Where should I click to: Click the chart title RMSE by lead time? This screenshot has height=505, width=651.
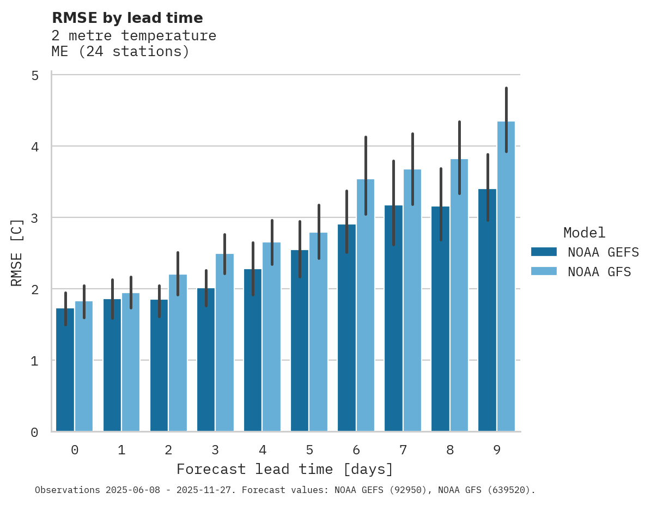pos(127,18)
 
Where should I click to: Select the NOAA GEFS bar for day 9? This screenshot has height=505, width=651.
pos(487,311)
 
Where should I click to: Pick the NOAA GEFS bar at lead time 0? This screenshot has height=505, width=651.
pos(65,370)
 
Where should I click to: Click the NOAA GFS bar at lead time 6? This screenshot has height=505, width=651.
pos(366,305)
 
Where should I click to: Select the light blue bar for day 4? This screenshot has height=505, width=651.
pos(271,338)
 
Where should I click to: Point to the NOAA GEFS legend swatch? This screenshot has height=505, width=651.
pos(544,252)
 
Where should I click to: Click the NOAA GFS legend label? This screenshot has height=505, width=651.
pos(599,272)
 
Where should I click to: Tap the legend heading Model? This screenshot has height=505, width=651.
pos(584,233)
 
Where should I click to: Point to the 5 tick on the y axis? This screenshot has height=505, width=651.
pos(35,75)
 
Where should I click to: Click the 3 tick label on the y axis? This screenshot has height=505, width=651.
pos(35,218)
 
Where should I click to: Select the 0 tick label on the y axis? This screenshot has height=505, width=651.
pos(35,432)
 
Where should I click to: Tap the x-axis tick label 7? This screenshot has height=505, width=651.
pos(403,450)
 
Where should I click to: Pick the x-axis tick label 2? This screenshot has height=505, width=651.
pos(168,450)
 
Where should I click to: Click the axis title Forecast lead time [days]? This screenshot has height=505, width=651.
pos(284,469)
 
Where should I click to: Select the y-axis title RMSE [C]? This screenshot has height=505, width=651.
pos(17,252)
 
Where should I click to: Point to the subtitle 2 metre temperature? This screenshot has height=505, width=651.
pos(133,36)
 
